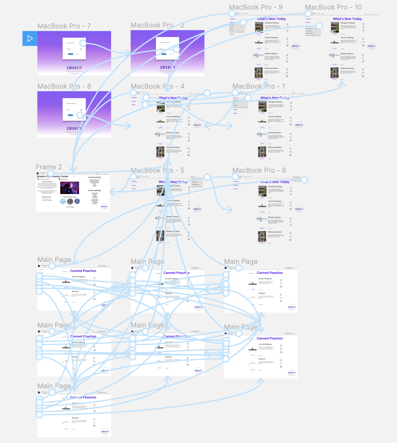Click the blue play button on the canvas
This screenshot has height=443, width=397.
pos(30,39)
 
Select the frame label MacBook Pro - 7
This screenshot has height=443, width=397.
pos(64,26)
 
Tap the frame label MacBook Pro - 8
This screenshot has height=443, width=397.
pos(64,86)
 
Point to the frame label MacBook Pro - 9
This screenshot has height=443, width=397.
pos(256,7)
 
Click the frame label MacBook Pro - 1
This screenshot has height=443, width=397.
pos(259,86)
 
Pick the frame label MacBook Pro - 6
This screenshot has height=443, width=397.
pos(259,171)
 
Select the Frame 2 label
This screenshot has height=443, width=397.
pos(49,167)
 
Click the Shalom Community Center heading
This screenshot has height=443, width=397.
pos(53,177)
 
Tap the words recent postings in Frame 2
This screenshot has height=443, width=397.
pos(94,177)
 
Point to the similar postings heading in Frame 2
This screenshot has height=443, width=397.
pos(94,191)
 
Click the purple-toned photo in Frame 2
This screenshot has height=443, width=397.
pos(70,188)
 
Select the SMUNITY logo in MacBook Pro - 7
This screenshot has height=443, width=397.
pos(74,68)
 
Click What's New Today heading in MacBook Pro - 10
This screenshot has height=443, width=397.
pos(347,19)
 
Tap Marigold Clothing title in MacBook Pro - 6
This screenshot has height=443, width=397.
pos(275,187)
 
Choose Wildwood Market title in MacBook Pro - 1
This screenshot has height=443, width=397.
pos(274,147)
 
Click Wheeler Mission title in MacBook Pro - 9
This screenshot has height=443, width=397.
pos(271,54)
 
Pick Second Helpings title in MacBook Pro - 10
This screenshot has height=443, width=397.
pos(348,38)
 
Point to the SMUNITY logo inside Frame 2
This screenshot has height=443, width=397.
pos(104,206)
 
